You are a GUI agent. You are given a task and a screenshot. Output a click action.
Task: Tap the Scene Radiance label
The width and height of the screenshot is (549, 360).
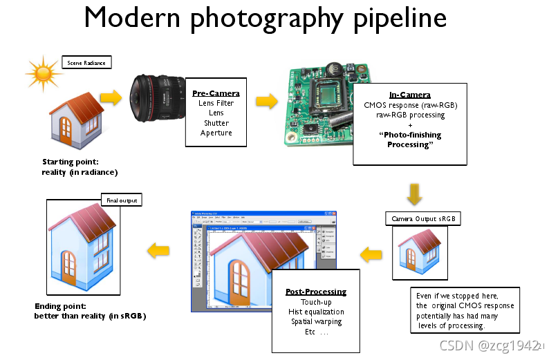tap(86, 63)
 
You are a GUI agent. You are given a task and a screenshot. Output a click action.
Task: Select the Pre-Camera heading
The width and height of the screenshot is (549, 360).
tap(216, 93)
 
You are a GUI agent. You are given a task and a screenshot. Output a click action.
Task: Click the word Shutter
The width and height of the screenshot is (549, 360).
tap(216, 123)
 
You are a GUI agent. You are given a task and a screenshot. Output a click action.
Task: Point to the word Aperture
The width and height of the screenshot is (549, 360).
tap(216, 133)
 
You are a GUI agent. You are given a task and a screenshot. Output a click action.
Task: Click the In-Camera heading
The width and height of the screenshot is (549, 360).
tap(410, 95)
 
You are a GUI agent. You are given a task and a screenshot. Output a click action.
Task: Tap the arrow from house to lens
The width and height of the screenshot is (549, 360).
tap(111, 95)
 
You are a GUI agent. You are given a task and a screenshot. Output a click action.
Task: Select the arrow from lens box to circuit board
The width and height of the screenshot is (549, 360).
tap(266, 102)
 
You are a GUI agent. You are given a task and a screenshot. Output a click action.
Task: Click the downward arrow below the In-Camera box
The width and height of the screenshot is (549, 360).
tap(415, 194)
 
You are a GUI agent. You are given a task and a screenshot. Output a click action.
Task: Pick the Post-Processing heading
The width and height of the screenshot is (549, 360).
tap(315, 292)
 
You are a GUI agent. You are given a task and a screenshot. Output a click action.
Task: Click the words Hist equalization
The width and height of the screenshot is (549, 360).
tap(315, 312)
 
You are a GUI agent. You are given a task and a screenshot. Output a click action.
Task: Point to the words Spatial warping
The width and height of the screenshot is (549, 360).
tap(315, 321)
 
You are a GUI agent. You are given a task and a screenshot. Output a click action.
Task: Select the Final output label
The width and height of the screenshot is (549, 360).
tap(121, 200)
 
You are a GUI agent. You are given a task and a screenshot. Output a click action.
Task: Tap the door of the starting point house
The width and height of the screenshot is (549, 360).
tap(68, 131)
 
